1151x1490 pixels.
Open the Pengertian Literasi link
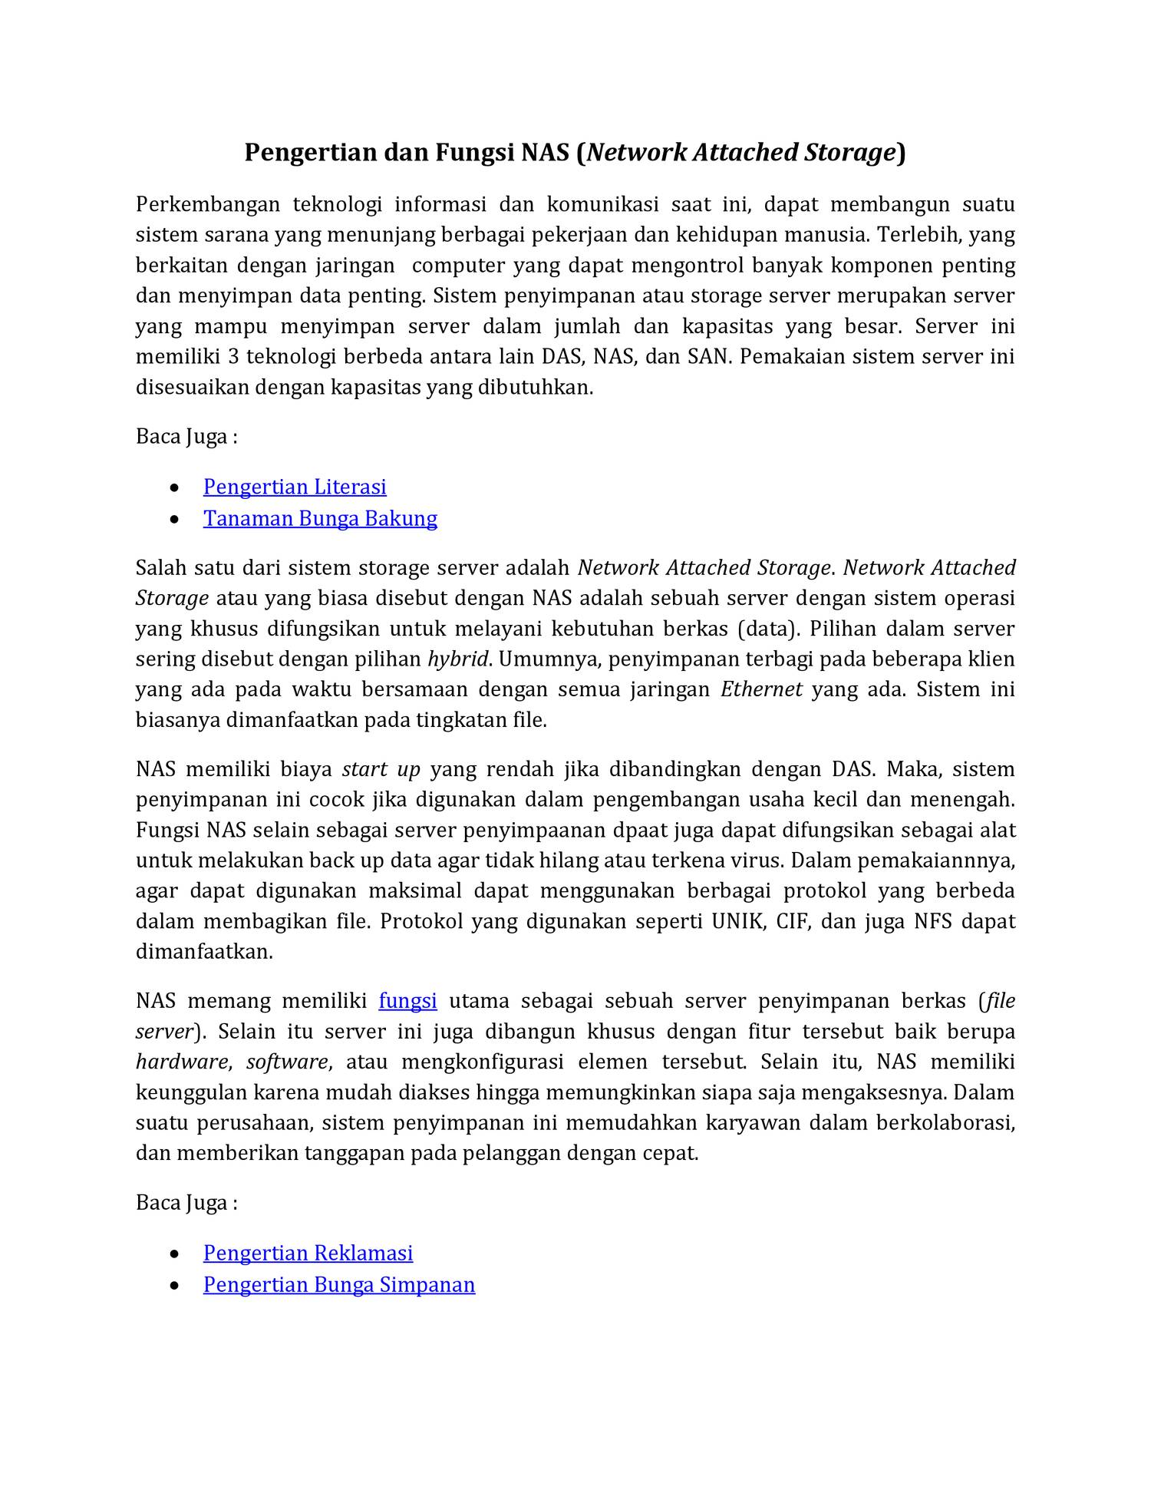pos(295,487)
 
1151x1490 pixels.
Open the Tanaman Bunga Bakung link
pos(320,518)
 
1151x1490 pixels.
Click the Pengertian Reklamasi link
pos(308,1253)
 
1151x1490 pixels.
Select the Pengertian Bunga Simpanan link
pos(339,1284)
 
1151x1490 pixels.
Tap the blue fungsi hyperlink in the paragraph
pos(407,1001)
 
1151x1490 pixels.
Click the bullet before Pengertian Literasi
pos(176,488)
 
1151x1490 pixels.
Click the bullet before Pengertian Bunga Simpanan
pos(176,1286)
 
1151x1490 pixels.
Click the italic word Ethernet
pos(761,689)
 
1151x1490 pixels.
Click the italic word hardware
pos(181,1062)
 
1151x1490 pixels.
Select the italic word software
pos(287,1062)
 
